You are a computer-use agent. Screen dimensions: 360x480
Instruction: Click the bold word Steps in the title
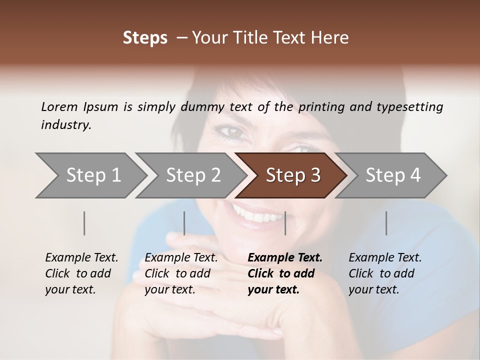(x=145, y=37)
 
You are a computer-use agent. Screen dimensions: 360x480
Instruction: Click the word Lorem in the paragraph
(x=59, y=106)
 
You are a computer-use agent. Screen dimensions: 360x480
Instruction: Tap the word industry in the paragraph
(x=65, y=124)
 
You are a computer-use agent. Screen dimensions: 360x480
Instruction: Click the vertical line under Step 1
(x=84, y=223)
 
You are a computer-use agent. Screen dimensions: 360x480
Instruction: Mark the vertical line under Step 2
(x=184, y=223)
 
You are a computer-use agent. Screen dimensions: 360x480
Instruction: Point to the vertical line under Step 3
(x=285, y=223)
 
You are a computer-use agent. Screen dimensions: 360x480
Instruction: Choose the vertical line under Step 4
(x=386, y=223)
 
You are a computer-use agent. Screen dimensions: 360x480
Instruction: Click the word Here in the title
(x=332, y=37)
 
